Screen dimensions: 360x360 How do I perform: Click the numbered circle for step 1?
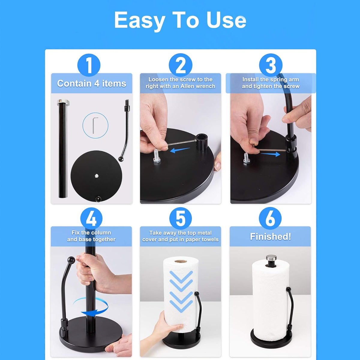click(89, 65)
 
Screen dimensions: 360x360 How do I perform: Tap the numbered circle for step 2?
click(181, 65)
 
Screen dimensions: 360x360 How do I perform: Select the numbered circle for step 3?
click(271, 65)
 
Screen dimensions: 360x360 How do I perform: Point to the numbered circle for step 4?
click(91, 219)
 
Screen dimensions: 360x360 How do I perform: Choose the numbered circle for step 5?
click(181, 218)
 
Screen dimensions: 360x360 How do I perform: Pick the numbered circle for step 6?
click(270, 218)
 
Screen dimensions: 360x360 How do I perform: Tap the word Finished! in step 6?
click(270, 236)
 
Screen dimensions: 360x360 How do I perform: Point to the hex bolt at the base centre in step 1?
click(97, 175)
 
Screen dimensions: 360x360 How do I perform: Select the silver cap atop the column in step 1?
click(63, 102)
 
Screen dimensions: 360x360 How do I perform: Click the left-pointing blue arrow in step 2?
click(180, 150)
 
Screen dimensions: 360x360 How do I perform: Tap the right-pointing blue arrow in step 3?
click(271, 154)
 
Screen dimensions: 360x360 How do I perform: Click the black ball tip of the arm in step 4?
click(71, 260)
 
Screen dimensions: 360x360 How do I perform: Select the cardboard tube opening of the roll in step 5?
click(181, 261)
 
